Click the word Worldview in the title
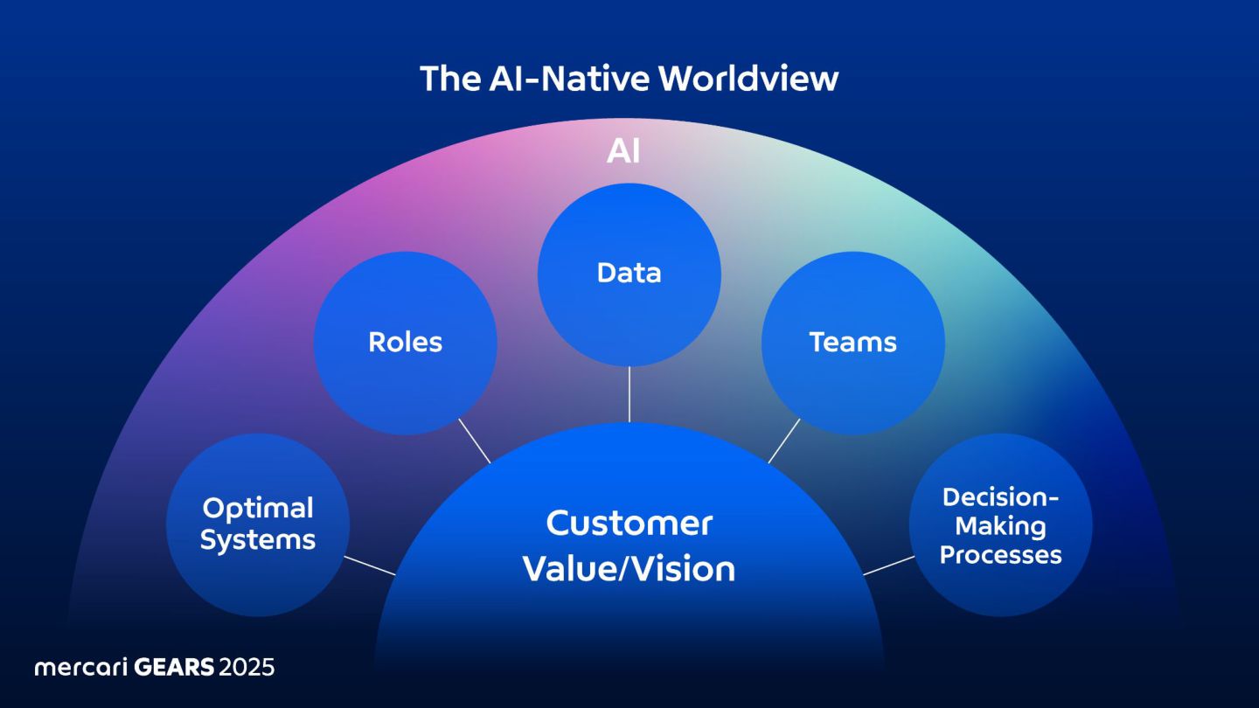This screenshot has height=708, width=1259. coord(748,79)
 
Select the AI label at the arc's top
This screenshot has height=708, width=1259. coord(623,152)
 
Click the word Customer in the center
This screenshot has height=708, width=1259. coord(629,524)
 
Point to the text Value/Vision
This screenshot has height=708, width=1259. coord(629,569)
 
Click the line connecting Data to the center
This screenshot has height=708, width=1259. coord(629,394)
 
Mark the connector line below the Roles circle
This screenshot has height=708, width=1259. coord(476,441)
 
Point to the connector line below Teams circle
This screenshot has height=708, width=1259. coord(784,441)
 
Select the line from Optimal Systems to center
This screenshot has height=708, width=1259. coord(370,565)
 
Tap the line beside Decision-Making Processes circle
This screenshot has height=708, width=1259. coord(888,565)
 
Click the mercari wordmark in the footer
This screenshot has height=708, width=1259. coord(80,668)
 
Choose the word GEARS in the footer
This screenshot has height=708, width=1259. coord(174,668)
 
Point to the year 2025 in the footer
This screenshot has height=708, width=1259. coord(247,668)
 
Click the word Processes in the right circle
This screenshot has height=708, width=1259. coord(1001,555)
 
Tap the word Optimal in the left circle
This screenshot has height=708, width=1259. coord(258,509)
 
